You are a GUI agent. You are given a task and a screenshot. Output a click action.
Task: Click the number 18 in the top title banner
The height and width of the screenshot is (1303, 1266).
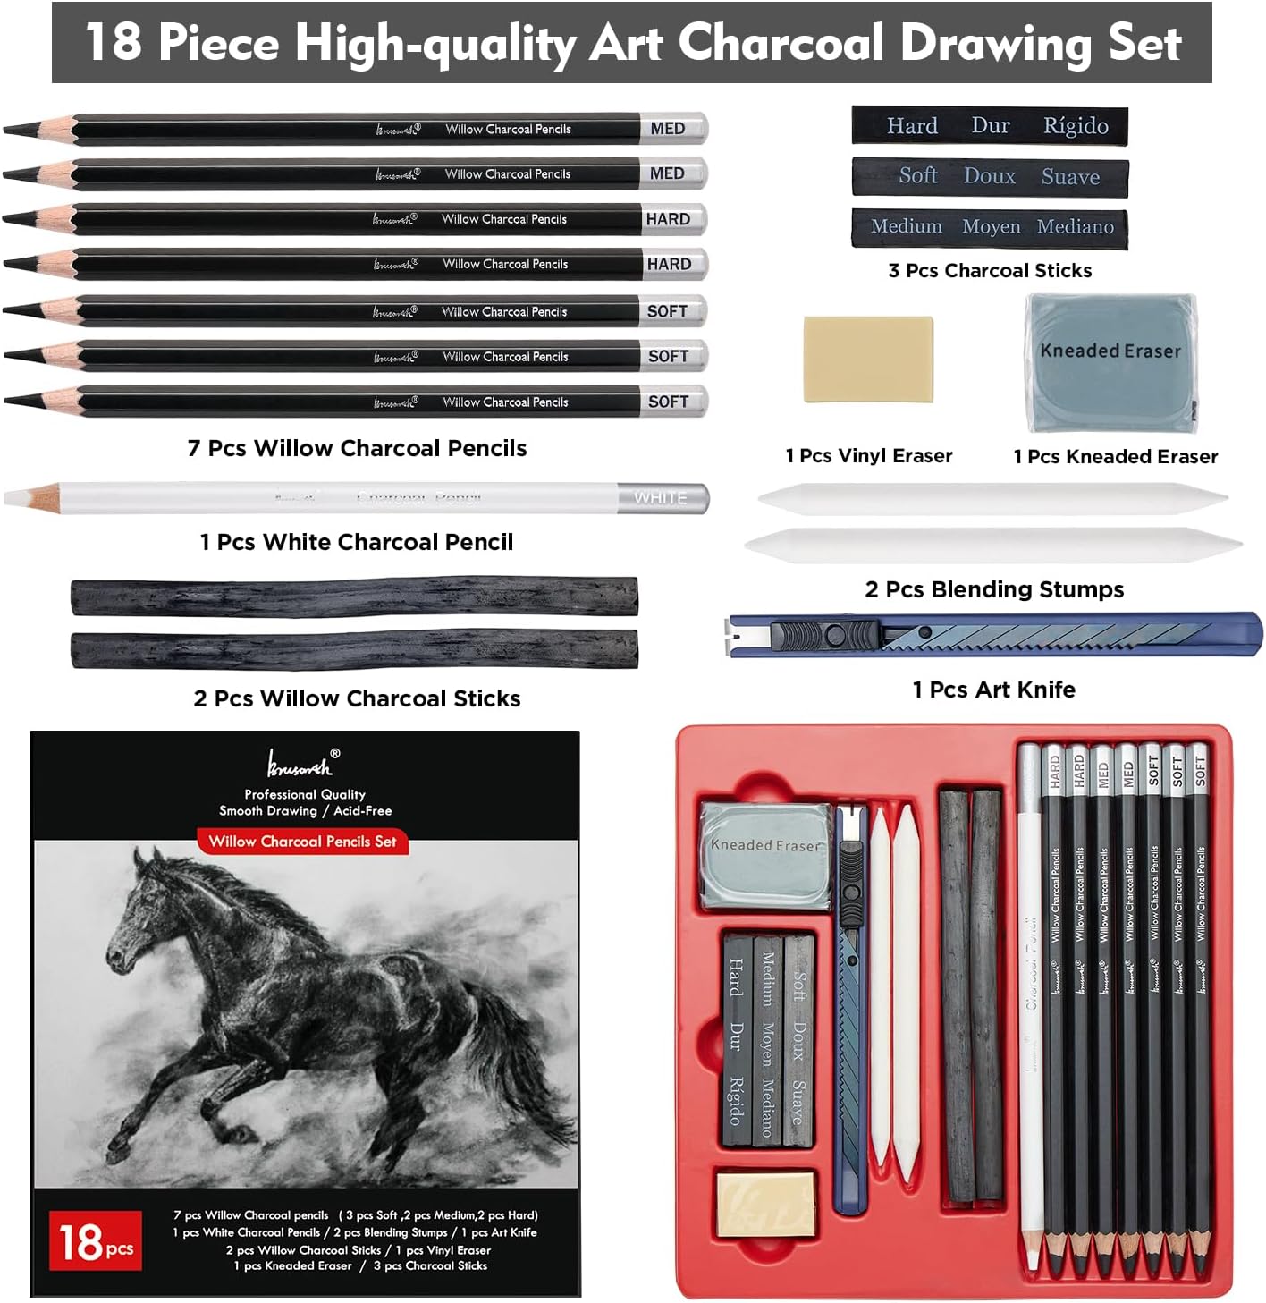(114, 42)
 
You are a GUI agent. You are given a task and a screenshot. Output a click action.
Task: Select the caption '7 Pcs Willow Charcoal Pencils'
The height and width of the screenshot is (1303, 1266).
(357, 448)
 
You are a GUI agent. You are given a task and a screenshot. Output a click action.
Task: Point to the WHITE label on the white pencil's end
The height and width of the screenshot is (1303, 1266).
(661, 498)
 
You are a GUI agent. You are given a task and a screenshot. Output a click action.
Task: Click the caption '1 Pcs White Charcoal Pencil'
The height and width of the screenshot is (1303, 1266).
(357, 542)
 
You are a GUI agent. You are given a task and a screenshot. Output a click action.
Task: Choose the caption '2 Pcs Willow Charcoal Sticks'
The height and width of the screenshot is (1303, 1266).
(357, 698)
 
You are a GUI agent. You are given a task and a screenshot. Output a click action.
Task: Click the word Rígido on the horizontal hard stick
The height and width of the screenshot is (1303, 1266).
(1076, 126)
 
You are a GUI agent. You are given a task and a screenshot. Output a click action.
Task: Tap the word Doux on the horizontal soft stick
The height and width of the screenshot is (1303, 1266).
(989, 176)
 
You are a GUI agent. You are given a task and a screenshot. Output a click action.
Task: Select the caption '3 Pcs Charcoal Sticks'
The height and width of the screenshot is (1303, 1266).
(990, 270)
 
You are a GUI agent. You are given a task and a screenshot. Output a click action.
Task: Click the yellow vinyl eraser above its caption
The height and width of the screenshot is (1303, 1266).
(868, 359)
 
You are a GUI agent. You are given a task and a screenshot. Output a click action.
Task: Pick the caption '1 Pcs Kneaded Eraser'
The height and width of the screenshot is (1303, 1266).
(1115, 456)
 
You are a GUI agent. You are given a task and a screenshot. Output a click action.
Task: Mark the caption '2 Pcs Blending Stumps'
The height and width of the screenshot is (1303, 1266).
(994, 589)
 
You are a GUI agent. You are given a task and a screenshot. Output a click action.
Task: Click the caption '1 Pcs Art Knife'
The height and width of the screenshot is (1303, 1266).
(993, 690)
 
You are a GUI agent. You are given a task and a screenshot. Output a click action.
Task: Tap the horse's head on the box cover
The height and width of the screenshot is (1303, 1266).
(134, 930)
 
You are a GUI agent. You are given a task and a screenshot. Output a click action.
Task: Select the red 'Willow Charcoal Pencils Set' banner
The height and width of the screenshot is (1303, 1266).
(302, 842)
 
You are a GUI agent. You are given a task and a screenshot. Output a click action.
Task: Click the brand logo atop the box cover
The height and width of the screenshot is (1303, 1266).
(300, 763)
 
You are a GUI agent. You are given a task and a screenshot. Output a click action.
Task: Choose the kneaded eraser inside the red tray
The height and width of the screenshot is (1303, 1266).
(764, 854)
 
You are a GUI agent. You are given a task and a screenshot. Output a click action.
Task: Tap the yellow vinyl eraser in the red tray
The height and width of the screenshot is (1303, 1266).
(766, 1204)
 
